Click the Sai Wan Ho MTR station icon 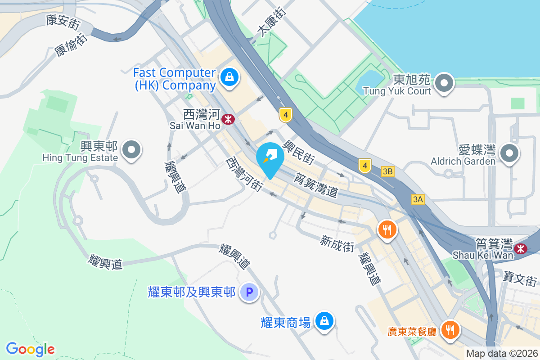click(229, 119)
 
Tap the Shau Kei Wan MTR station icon click(521, 248)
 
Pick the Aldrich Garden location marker click(509, 154)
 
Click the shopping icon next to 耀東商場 click(324, 321)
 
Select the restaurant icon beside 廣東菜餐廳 click(449, 330)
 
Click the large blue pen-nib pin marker click(270, 159)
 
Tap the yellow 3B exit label click(388, 171)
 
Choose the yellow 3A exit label click(418, 199)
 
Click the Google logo click(30, 349)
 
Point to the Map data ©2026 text click(501, 354)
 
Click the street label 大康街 click(271, 22)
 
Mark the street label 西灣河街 click(244, 174)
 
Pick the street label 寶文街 click(521, 275)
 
